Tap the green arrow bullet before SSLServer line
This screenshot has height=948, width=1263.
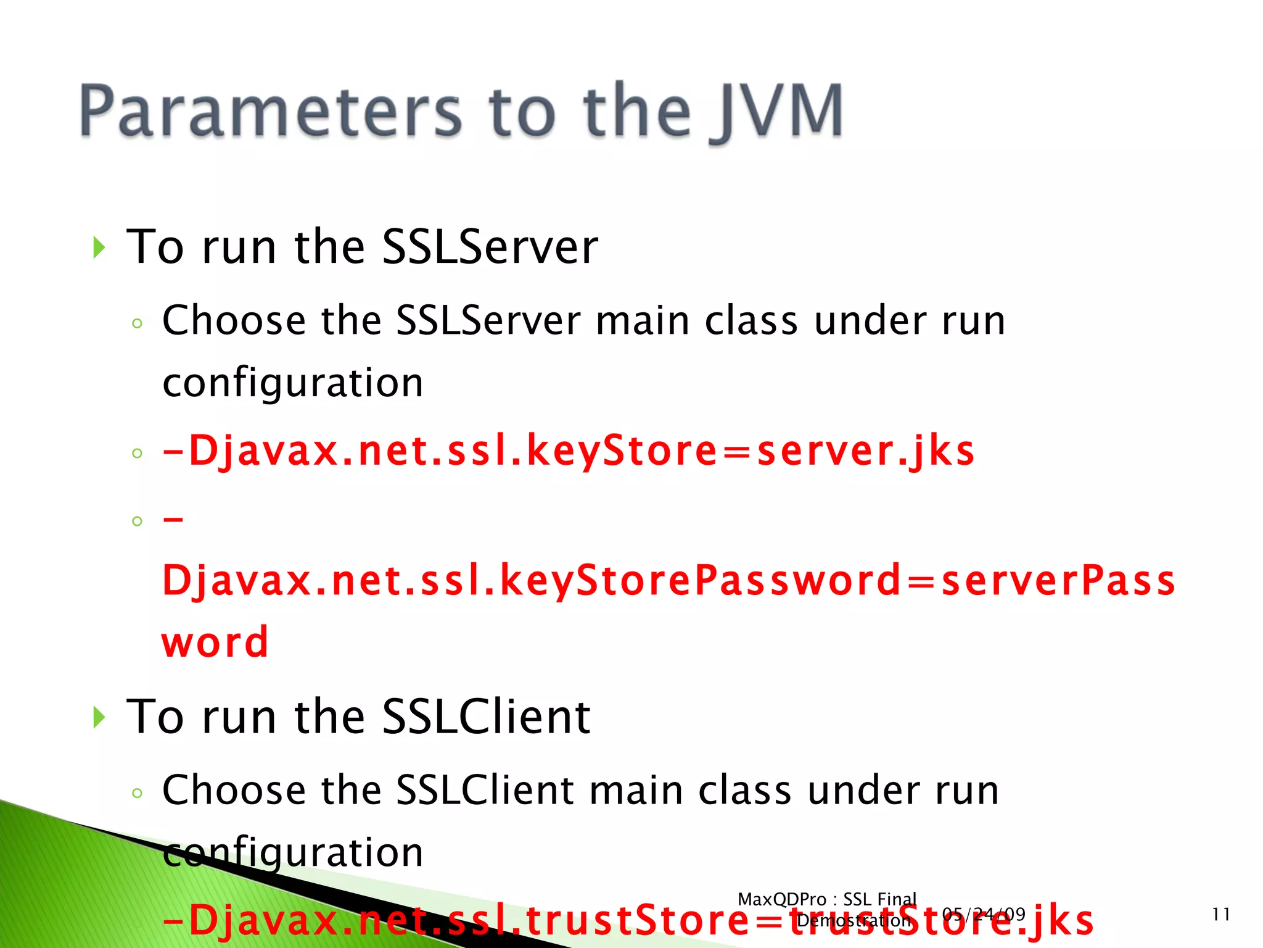(99, 247)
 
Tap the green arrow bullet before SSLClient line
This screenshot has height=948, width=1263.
(99, 717)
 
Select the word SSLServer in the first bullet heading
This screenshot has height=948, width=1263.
(490, 247)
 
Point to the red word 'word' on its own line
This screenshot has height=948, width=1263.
(215, 642)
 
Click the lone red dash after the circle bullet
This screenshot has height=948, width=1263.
(173, 520)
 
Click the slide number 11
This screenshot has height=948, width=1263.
(1220, 914)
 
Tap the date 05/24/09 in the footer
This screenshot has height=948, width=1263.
(984, 914)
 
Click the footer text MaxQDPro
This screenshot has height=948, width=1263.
(781, 899)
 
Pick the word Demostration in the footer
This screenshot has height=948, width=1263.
(854, 921)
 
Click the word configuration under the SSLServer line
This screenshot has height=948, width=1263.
(293, 383)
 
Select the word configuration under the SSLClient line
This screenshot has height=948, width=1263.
(293, 853)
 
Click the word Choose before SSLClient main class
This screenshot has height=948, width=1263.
(234, 790)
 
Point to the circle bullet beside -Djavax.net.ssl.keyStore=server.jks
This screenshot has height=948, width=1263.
(137, 454)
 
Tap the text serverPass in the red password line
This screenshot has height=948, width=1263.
(1058, 581)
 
